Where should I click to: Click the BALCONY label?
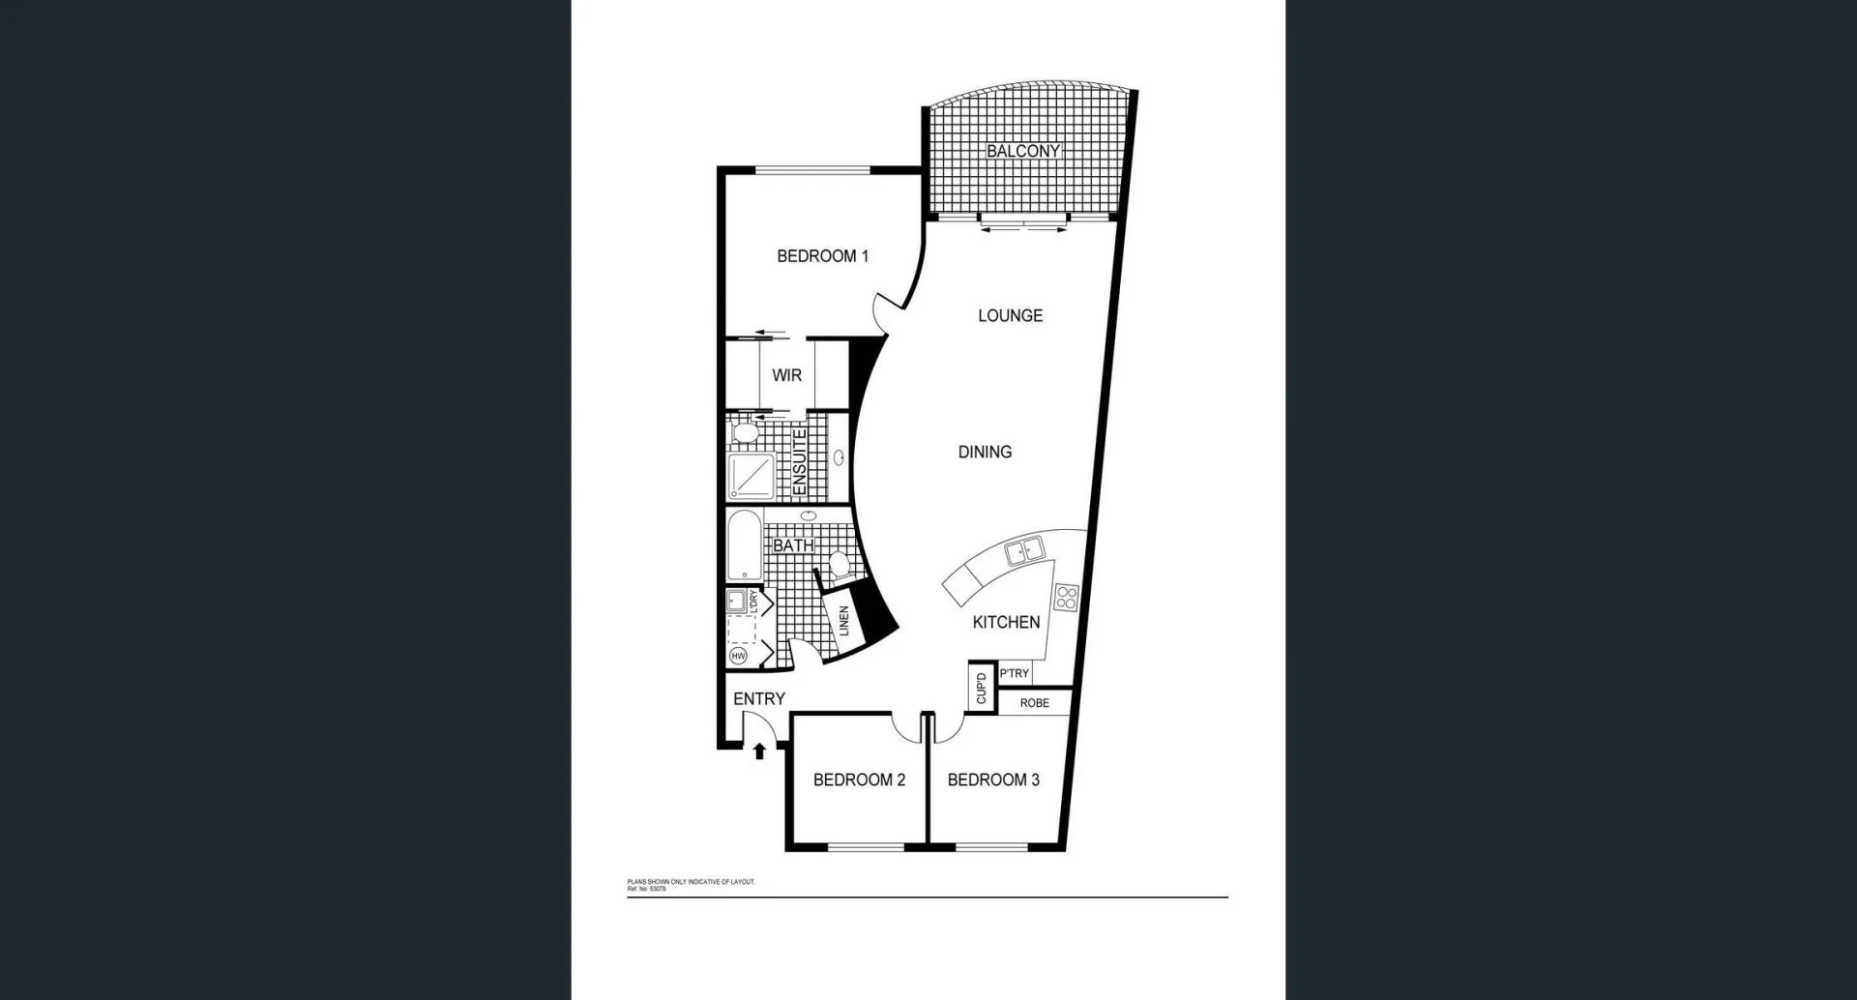point(1023,151)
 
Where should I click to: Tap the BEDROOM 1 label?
point(822,256)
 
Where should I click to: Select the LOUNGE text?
point(1010,315)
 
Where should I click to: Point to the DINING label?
point(985,452)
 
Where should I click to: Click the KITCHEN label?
point(1006,622)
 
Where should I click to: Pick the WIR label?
point(786,375)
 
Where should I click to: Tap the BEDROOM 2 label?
point(859,779)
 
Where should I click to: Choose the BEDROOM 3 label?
point(993,779)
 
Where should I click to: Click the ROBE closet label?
point(1034,703)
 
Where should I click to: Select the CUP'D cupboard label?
point(981,689)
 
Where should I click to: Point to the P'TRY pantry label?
point(1015,673)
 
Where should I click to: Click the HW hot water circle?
point(739,657)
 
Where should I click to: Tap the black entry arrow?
point(759,750)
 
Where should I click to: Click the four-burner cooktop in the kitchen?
point(1066,598)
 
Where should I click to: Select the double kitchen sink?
point(1022,553)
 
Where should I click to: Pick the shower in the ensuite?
point(752,477)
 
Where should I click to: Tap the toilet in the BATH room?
point(839,564)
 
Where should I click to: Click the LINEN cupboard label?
point(843,621)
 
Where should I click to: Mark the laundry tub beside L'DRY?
point(736,600)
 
